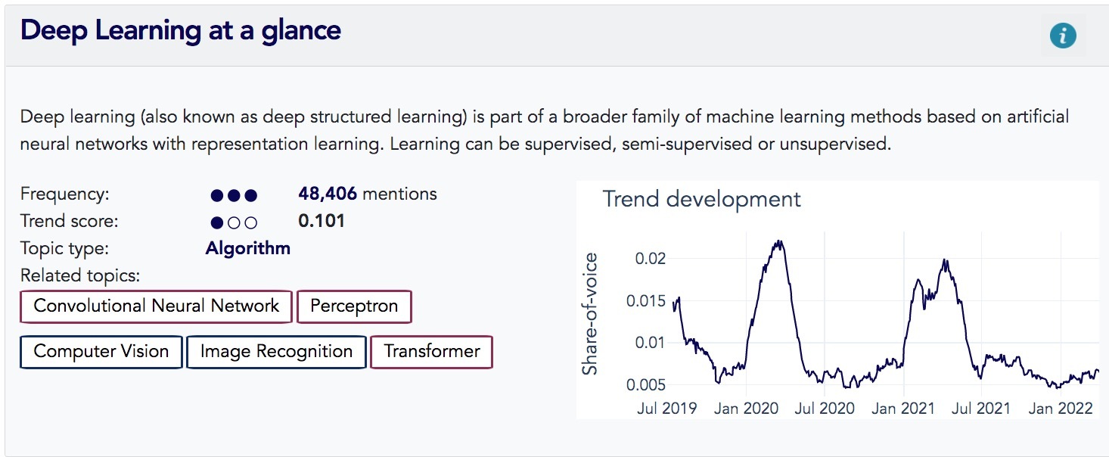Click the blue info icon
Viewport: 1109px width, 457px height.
pos(1063,36)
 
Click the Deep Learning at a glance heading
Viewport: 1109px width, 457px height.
pos(181,31)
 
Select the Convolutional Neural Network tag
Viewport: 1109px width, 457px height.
pos(156,306)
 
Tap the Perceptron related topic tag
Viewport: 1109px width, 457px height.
pos(354,306)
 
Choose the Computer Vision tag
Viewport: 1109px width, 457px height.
pos(101,352)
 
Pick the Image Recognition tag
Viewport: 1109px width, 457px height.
pos(276,352)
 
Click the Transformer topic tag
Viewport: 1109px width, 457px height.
pos(432,352)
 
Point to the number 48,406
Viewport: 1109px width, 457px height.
pos(328,194)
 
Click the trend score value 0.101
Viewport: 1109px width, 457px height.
pos(322,221)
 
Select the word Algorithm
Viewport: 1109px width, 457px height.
pos(247,248)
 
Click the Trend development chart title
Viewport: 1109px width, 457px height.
pos(701,199)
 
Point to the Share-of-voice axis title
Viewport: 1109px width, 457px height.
pos(589,314)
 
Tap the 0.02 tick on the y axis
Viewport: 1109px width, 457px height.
pos(651,259)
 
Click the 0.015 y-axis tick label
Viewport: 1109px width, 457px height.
pos(646,300)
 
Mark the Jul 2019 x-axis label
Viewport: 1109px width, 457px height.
pos(667,408)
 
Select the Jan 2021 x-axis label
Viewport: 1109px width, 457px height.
pos(903,408)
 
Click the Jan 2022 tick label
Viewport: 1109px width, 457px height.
pos(1061,408)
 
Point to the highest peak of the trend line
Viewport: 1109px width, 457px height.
pos(779,241)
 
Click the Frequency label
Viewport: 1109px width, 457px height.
pos(65,194)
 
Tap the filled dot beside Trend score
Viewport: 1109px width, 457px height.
pos(217,222)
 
